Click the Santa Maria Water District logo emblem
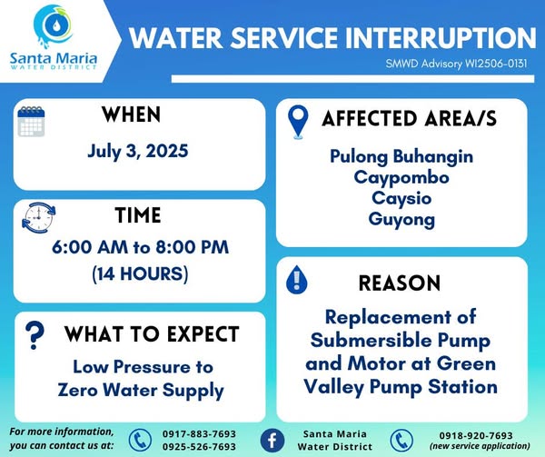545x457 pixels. pos(53,25)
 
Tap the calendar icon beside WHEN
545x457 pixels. pos(31,121)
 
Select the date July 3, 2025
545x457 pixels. pos(138,151)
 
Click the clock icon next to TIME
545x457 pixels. pos(38,217)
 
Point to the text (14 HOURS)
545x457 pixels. pos(140,273)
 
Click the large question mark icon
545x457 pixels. pos(35,335)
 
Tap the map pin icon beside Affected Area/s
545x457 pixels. pos(298,122)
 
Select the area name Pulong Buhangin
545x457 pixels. pos(401,156)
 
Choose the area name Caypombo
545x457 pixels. pos(401,178)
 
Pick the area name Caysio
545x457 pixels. pos(401,199)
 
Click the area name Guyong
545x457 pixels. pos(401,220)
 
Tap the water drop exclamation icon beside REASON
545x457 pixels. pos(296,280)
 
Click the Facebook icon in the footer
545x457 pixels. pos(272,441)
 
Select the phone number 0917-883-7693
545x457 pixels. pos(199,434)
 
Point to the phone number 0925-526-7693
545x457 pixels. pos(199,447)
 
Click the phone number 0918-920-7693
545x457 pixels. pos(476,435)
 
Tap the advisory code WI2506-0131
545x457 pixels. pos(496,64)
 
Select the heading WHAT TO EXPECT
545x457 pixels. pos(152,334)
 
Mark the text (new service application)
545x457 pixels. pos(480,446)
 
